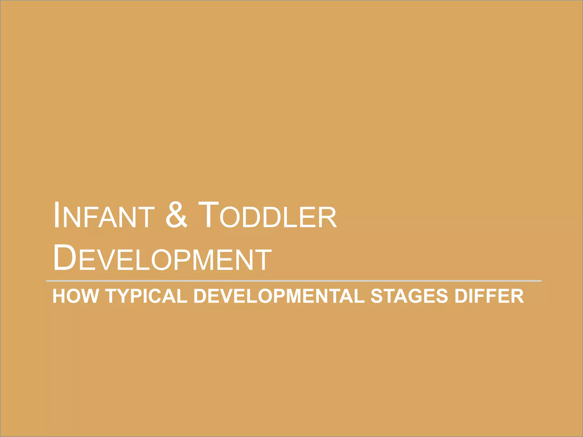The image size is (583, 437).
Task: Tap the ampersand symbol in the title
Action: tap(176, 215)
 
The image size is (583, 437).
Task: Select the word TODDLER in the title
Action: tap(268, 216)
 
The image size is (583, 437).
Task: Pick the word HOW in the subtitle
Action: tap(75, 296)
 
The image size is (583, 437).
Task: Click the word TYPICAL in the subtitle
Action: tap(146, 296)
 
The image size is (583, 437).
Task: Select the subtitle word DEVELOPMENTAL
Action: tap(279, 296)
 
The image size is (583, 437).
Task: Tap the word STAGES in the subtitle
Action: tap(409, 296)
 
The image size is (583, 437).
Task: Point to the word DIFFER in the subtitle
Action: tap(489, 296)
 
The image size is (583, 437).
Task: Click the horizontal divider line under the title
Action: tap(293, 281)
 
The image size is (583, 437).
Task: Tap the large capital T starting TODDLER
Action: tap(208, 215)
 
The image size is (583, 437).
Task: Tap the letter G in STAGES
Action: tap(412, 296)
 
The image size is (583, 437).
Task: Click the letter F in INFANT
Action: tap(91, 218)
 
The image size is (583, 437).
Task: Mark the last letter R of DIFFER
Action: tap(517, 296)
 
